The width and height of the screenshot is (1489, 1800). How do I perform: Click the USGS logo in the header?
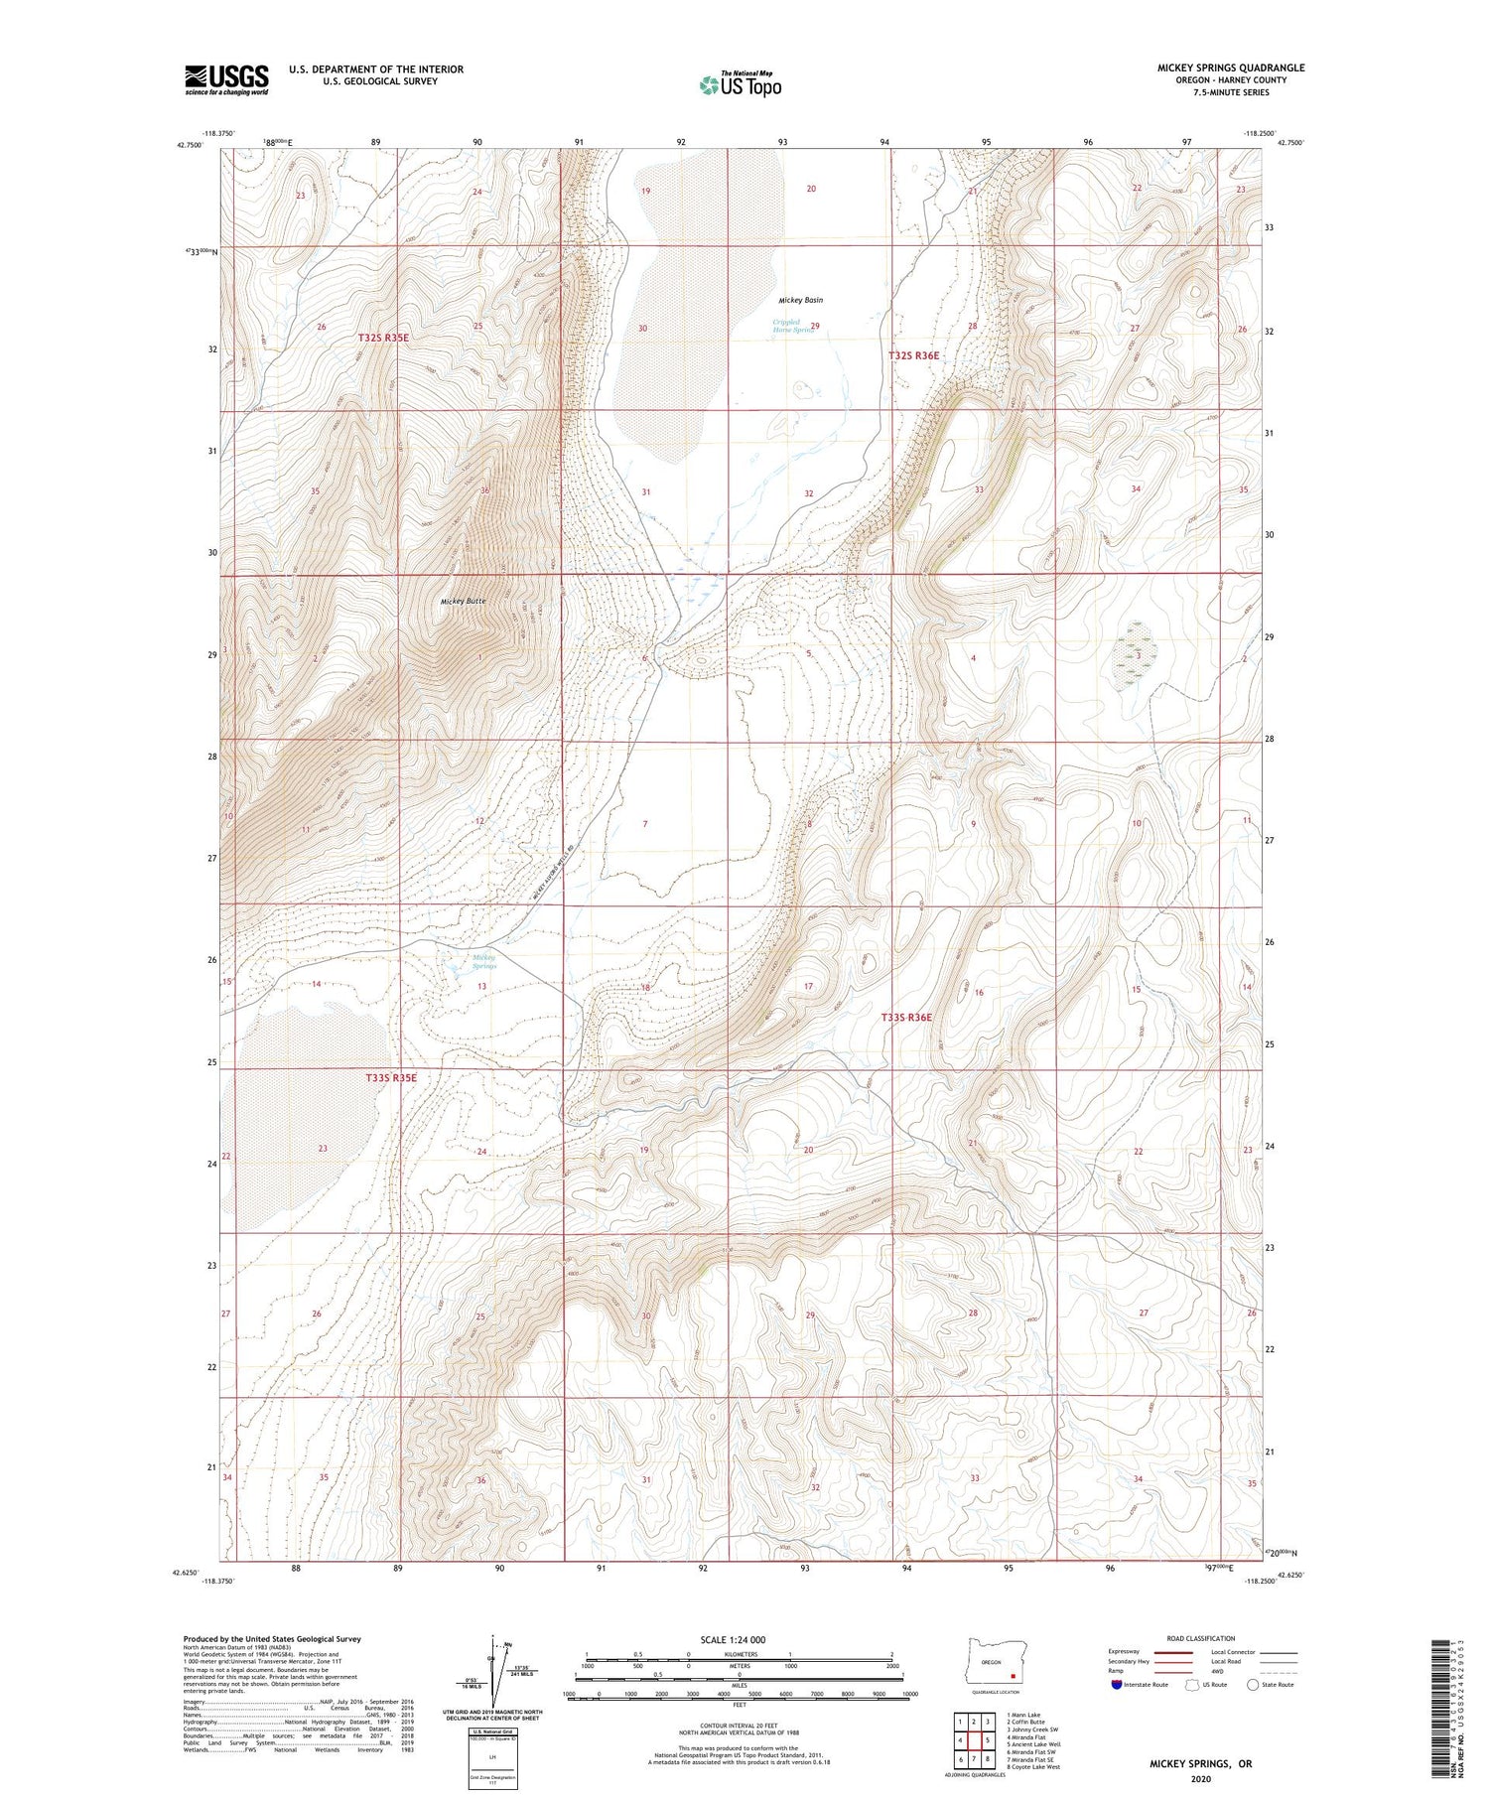(x=226, y=79)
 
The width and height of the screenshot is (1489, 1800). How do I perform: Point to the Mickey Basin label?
(x=800, y=300)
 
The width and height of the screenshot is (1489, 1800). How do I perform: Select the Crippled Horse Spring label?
(x=793, y=326)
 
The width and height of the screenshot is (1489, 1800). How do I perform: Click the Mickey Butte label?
(x=464, y=602)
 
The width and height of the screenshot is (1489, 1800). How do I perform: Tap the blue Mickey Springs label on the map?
(x=484, y=961)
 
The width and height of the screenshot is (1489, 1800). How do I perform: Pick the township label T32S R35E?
(x=383, y=338)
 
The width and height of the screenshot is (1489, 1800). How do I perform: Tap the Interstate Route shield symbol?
(x=1116, y=1685)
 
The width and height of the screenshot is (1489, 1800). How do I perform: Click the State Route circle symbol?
(x=1253, y=1684)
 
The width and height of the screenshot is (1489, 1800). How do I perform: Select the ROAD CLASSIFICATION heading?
(x=1201, y=1638)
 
